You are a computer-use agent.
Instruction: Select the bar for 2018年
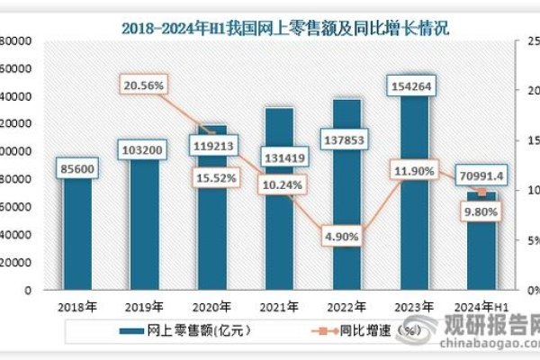(76, 234)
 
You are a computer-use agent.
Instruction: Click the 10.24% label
(283, 185)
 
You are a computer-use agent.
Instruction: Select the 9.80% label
(480, 212)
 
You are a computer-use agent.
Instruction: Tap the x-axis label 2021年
(281, 306)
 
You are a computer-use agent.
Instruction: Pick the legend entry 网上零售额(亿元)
(185, 330)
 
